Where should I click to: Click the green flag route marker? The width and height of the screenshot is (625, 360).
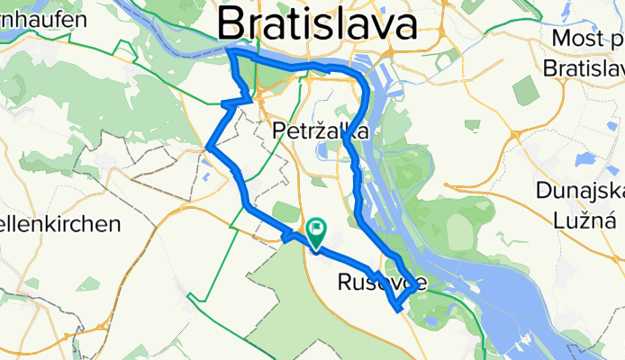pyautogui.click(x=316, y=230)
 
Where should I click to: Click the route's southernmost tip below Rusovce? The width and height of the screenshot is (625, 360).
pyautogui.click(x=396, y=310)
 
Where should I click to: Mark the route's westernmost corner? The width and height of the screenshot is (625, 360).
pyautogui.click(x=208, y=147)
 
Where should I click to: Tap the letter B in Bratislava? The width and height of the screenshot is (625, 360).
pyautogui.click(x=234, y=22)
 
